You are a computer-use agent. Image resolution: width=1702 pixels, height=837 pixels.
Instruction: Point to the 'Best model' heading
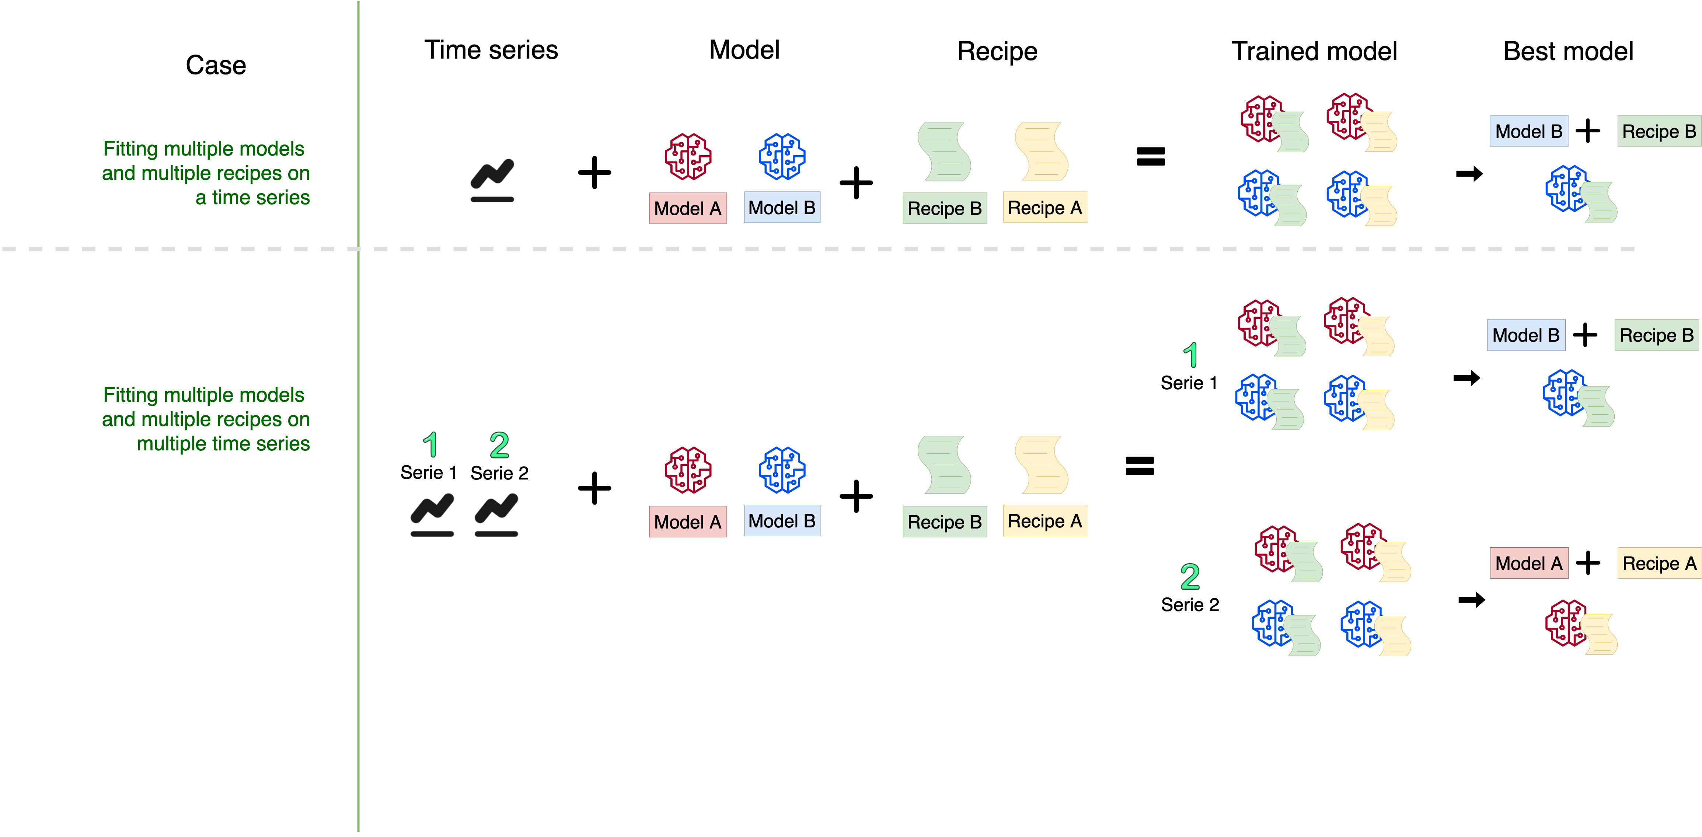(x=1568, y=52)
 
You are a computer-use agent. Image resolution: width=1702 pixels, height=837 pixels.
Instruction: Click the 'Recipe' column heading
(x=997, y=52)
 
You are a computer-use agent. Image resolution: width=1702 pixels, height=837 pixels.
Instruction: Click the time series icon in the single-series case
(x=492, y=180)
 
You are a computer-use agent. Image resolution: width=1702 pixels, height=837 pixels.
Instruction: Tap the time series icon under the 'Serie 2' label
(x=496, y=515)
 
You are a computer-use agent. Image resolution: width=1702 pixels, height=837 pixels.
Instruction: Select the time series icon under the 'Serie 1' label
(x=432, y=515)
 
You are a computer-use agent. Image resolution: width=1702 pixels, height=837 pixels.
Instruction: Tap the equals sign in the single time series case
(x=1150, y=157)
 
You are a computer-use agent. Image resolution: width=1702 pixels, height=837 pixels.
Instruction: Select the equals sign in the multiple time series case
(x=1140, y=466)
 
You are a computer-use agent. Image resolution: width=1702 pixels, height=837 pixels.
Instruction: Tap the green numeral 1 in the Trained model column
(x=1190, y=355)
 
